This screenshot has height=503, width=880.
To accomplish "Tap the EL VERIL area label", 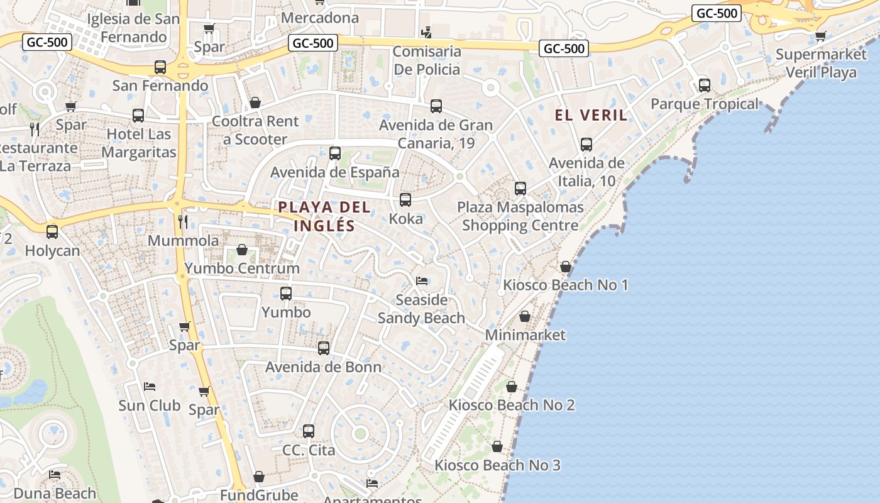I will tap(591, 115).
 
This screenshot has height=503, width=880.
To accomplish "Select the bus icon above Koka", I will tap(405, 200).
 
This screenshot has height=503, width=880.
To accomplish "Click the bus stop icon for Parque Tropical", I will tap(705, 85).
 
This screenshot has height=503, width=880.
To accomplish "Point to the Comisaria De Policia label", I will tap(427, 60).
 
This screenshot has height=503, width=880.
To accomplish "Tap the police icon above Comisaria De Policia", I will tap(427, 32).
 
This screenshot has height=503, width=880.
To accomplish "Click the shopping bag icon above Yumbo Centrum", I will tap(242, 250).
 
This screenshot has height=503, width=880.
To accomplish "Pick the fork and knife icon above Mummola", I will tap(183, 221).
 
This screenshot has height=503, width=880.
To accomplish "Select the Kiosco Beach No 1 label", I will tap(565, 285).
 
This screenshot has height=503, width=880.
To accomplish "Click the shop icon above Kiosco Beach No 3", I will tap(497, 446).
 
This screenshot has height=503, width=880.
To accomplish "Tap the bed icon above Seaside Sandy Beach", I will tap(422, 280).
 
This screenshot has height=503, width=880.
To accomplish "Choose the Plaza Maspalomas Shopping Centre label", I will tap(520, 216).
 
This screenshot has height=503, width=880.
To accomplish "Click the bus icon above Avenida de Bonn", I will tap(324, 348).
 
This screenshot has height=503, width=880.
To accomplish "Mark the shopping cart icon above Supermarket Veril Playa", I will tap(820, 36).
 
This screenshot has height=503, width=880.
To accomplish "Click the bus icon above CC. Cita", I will tap(309, 431).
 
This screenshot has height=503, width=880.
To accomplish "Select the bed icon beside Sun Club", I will tap(150, 386).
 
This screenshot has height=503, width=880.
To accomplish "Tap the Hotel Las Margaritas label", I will tap(138, 143).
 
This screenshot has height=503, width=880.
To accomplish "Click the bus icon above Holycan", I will tap(52, 231).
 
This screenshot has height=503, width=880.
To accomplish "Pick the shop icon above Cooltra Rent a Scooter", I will tap(255, 102).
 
